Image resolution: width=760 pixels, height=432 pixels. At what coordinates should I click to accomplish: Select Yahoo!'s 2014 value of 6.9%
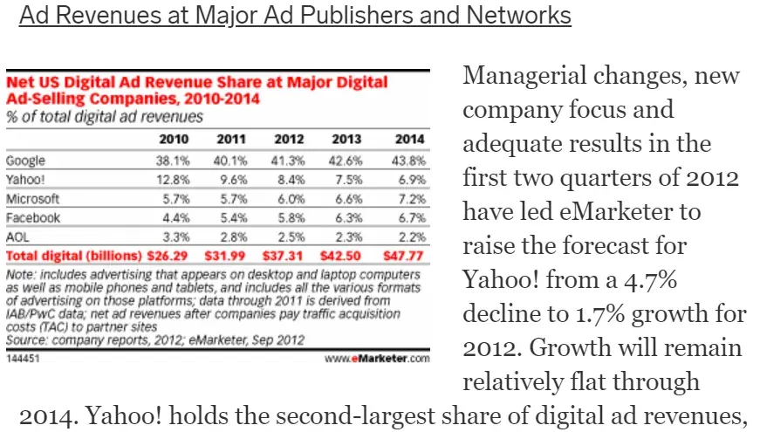click(410, 179)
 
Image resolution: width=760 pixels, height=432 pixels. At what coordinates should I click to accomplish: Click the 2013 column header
click(346, 140)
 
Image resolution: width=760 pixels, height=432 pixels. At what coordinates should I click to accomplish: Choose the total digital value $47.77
click(405, 256)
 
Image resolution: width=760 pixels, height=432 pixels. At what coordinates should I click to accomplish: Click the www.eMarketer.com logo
click(378, 359)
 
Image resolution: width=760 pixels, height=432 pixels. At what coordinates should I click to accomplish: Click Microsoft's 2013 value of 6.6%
click(347, 199)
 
